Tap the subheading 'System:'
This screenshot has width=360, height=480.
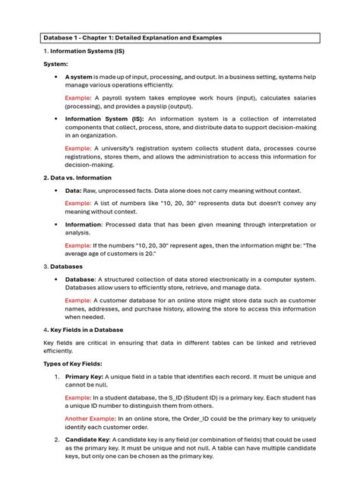click(56, 65)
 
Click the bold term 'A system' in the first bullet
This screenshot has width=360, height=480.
click(80, 77)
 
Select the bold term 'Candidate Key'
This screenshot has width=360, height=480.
click(89, 441)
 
